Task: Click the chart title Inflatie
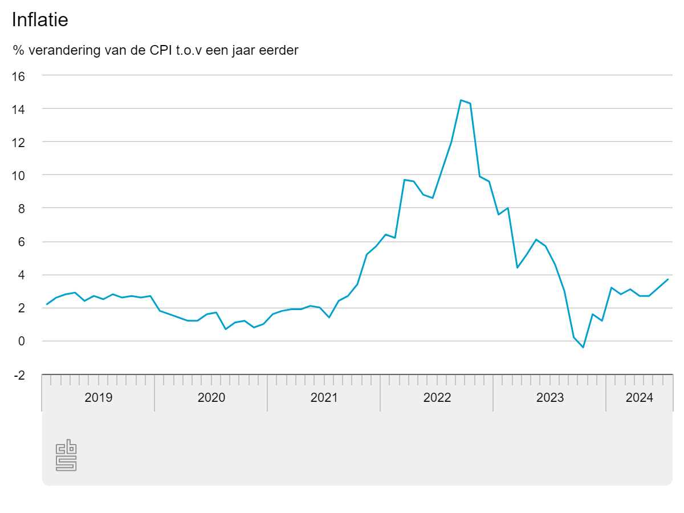coord(40,20)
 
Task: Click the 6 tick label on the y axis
coord(22,242)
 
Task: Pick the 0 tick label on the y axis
coord(22,341)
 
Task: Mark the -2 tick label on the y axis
coord(19,375)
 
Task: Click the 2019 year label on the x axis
coord(99,398)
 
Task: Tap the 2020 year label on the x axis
coord(211,398)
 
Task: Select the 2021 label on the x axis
coord(324,398)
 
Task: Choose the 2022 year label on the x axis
coord(437,398)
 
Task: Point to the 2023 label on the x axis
coord(550,398)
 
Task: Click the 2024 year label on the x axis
coord(640,398)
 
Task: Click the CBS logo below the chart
coord(66,455)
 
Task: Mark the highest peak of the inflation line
coord(461,100)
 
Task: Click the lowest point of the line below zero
coord(583,347)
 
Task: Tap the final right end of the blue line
coord(667,279)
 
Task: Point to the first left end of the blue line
coord(47,304)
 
